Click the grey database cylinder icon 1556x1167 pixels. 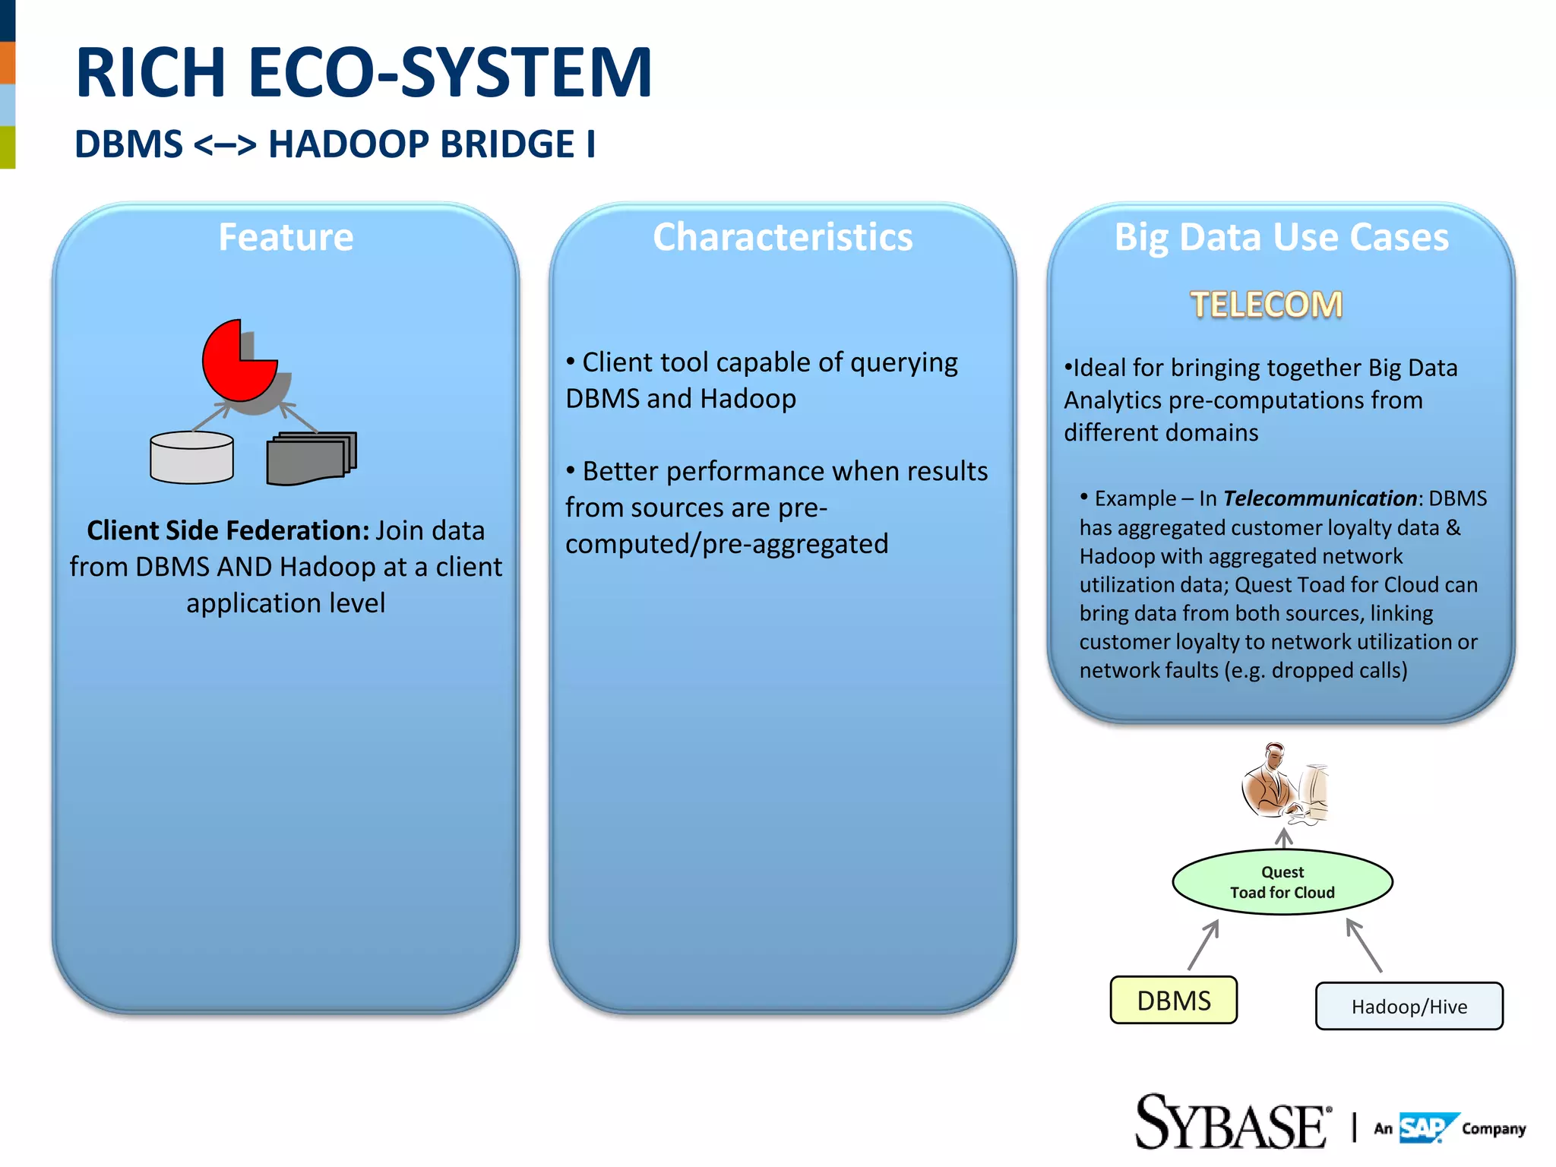click(x=191, y=458)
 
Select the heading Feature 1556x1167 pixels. click(x=286, y=237)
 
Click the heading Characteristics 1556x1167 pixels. click(x=783, y=237)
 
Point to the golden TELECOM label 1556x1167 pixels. click(x=1266, y=305)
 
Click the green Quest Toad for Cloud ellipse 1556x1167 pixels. click(x=1282, y=882)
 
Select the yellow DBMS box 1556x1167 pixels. click(x=1173, y=1001)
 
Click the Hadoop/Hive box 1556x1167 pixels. click(x=1409, y=1007)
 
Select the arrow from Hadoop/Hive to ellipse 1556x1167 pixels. click(x=1364, y=945)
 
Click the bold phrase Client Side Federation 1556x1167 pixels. click(x=228, y=530)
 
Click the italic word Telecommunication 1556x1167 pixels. click(x=1320, y=498)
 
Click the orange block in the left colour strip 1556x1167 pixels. click(x=8, y=62)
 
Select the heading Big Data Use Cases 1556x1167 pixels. click(x=1281, y=237)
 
